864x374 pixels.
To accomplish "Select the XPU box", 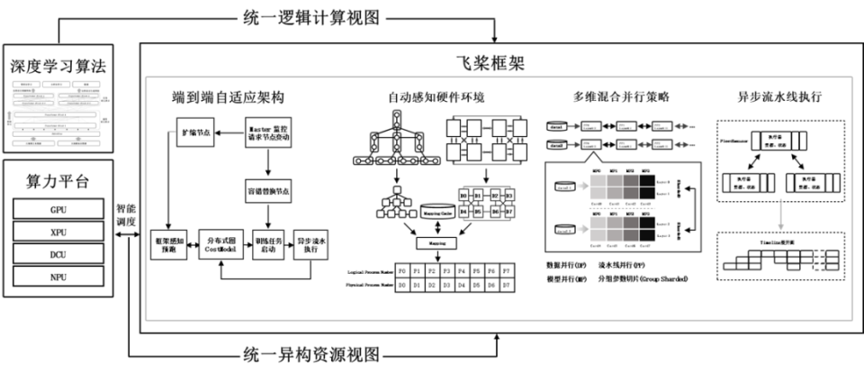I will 58,232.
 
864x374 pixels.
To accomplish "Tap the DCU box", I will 58,254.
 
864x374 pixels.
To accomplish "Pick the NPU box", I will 58,277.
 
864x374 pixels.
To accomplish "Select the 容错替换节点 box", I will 272,192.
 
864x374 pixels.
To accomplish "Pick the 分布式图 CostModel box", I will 221,243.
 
